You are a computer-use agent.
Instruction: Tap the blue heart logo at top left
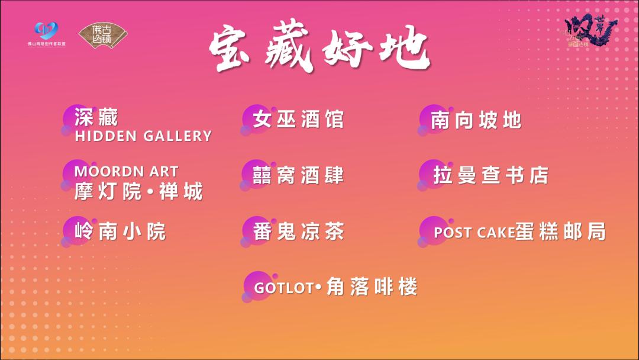(x=46, y=31)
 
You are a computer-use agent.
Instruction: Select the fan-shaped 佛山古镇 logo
(x=103, y=36)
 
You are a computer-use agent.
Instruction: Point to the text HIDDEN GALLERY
(x=143, y=136)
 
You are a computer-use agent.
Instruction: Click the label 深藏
(x=96, y=118)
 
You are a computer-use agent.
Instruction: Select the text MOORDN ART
(x=126, y=172)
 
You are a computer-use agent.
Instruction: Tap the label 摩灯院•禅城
(x=138, y=191)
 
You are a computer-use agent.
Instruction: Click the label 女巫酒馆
(x=298, y=120)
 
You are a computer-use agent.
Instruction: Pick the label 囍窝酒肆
(x=298, y=175)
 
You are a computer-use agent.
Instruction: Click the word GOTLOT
(x=283, y=288)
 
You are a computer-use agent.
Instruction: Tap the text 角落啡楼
(x=372, y=288)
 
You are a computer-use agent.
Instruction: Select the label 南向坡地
(x=476, y=120)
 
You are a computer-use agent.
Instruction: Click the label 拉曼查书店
(x=490, y=176)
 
